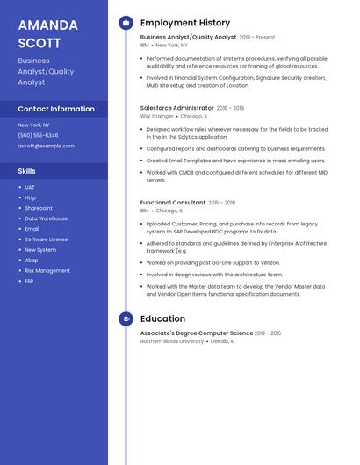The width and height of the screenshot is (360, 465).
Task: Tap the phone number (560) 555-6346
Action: click(38, 135)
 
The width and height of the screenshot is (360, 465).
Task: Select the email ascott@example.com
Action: click(46, 146)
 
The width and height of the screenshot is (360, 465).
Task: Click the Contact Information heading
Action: click(56, 109)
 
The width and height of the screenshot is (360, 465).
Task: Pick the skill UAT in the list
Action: click(30, 187)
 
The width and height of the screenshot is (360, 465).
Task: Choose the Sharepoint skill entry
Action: click(39, 208)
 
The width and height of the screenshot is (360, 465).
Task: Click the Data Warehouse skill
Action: click(46, 218)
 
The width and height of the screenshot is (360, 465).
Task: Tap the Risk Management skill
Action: click(47, 271)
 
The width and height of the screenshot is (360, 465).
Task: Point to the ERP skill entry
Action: click(29, 282)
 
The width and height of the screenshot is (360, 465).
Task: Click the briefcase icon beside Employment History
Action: click(126, 23)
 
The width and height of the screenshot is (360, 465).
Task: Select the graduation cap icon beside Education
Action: click(126, 319)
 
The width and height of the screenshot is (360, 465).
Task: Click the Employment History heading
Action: click(185, 23)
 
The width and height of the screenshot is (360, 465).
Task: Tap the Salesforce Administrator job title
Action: click(176, 108)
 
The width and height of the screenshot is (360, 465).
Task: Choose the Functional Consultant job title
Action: click(173, 203)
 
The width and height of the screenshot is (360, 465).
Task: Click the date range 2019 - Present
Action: click(257, 38)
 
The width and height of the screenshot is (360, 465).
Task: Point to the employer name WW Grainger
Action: click(156, 116)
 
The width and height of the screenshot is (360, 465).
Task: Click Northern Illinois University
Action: click(172, 341)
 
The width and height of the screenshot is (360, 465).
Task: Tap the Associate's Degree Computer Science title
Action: click(196, 333)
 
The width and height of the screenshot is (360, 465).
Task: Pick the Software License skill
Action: click(46, 240)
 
